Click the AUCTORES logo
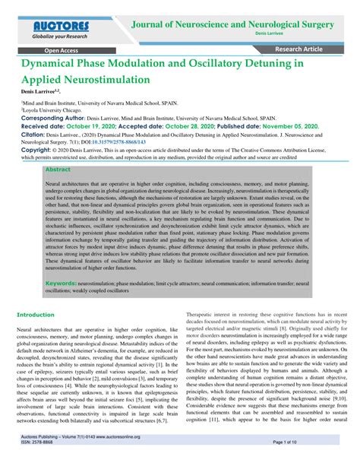pos(60,25)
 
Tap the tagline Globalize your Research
pos(60,36)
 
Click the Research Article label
pos(312,50)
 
